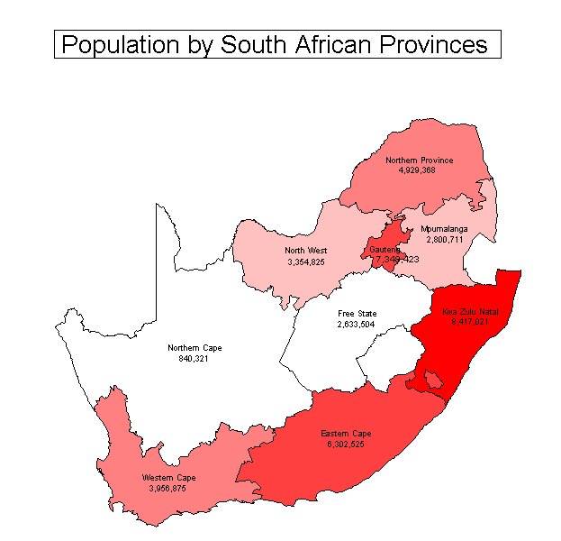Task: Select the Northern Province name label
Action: tap(419, 160)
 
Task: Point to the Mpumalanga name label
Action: tap(444, 229)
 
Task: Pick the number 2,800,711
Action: tap(444, 240)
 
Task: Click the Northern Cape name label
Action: tap(195, 347)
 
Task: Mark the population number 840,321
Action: tap(195, 358)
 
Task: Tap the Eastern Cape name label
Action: tap(346, 434)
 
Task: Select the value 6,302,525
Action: tap(346, 445)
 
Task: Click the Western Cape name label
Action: tap(168, 477)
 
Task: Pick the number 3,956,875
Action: tap(168, 488)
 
